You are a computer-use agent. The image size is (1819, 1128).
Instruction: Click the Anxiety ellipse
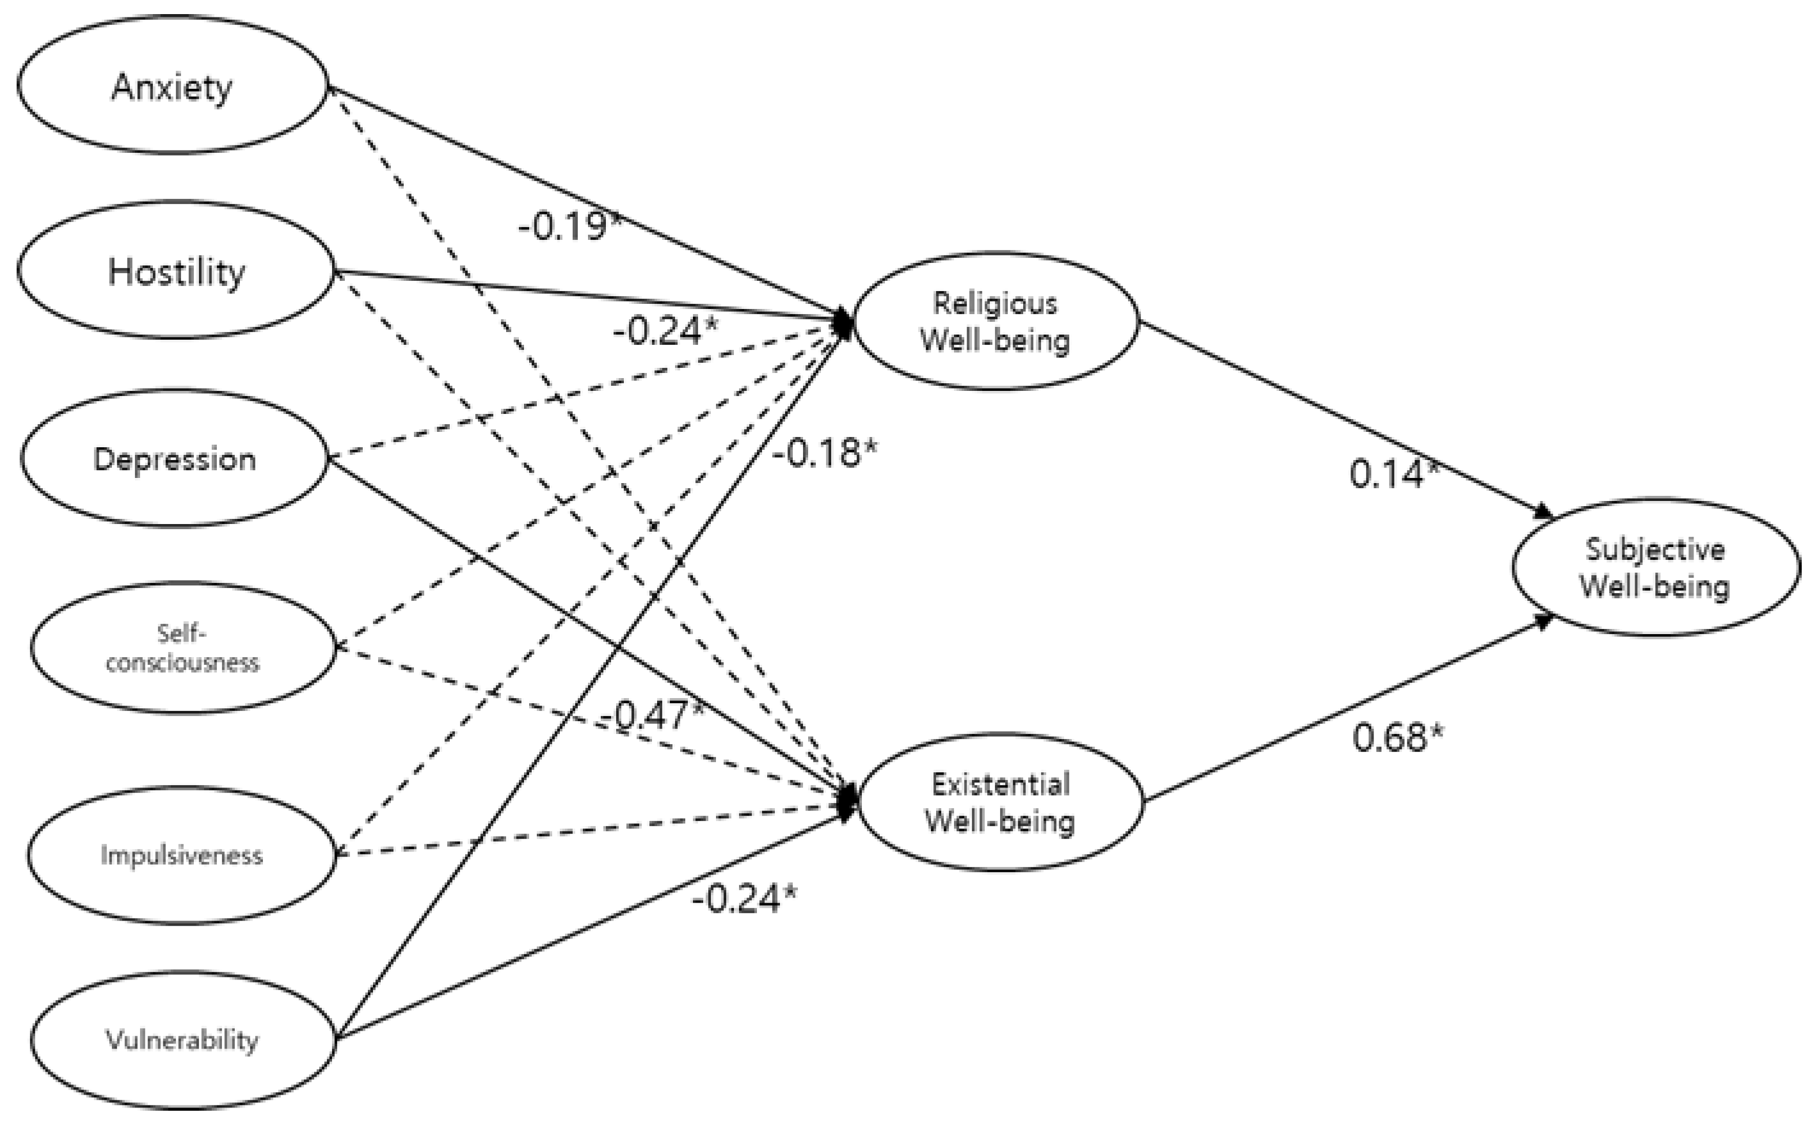pos(172,86)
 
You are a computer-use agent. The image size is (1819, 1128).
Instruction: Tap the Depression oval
pos(175,458)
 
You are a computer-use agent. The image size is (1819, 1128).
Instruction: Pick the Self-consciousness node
pos(183,647)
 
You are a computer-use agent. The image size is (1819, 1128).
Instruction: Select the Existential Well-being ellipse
pos(1000,803)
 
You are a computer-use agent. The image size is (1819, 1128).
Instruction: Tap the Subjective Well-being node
pos(1655,567)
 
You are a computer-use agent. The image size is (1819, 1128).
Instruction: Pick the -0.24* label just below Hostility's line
pos(665,330)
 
